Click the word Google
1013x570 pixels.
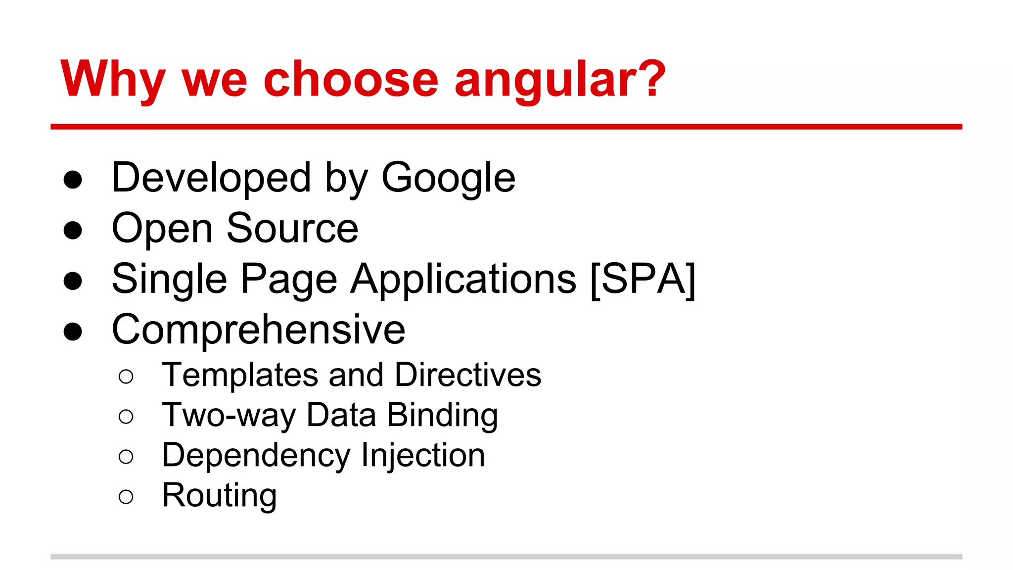(x=448, y=178)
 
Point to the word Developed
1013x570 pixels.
(x=211, y=178)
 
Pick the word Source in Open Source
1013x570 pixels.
(x=292, y=229)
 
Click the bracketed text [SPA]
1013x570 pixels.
(x=643, y=280)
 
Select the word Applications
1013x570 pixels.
(x=463, y=280)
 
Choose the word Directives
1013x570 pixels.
(x=468, y=375)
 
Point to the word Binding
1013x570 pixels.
(x=442, y=415)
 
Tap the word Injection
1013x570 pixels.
(x=423, y=455)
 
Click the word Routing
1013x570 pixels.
(x=219, y=495)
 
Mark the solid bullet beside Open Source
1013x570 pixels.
(x=73, y=230)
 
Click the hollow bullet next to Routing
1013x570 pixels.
(x=126, y=496)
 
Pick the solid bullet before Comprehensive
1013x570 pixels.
(x=73, y=332)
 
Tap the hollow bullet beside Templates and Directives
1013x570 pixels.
(x=126, y=377)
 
